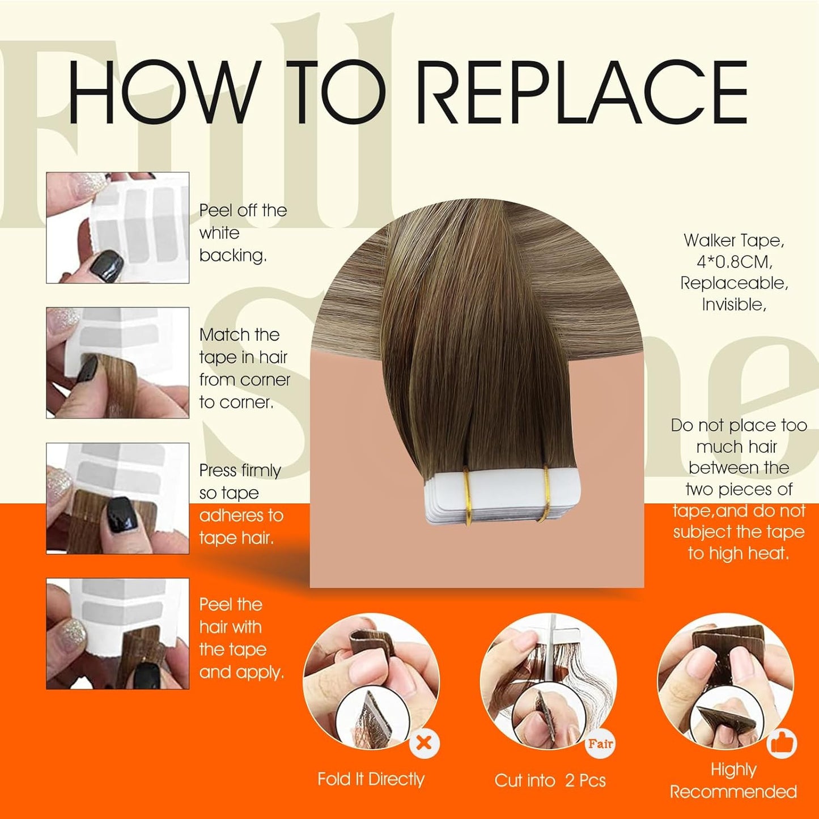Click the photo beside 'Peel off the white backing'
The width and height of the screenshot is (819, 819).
click(x=117, y=227)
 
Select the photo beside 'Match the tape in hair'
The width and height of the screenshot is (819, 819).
click(x=117, y=363)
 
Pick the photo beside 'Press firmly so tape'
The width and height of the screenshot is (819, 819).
click(x=117, y=498)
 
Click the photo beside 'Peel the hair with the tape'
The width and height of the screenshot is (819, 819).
click(x=117, y=634)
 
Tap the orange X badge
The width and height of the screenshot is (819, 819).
click(x=424, y=742)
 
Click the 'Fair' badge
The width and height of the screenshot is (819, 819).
click(x=600, y=743)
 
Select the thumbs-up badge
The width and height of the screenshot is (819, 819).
click(x=782, y=743)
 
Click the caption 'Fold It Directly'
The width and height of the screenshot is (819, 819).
click(x=371, y=779)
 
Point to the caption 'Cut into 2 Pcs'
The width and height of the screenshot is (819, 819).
click(x=550, y=780)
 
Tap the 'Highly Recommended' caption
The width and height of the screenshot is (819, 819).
click(x=733, y=780)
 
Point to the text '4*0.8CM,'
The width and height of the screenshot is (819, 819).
click(x=735, y=261)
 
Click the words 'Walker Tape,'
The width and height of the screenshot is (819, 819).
click(x=735, y=240)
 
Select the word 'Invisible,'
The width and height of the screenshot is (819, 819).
click(x=735, y=304)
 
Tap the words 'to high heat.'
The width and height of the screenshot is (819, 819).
click(x=739, y=553)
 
